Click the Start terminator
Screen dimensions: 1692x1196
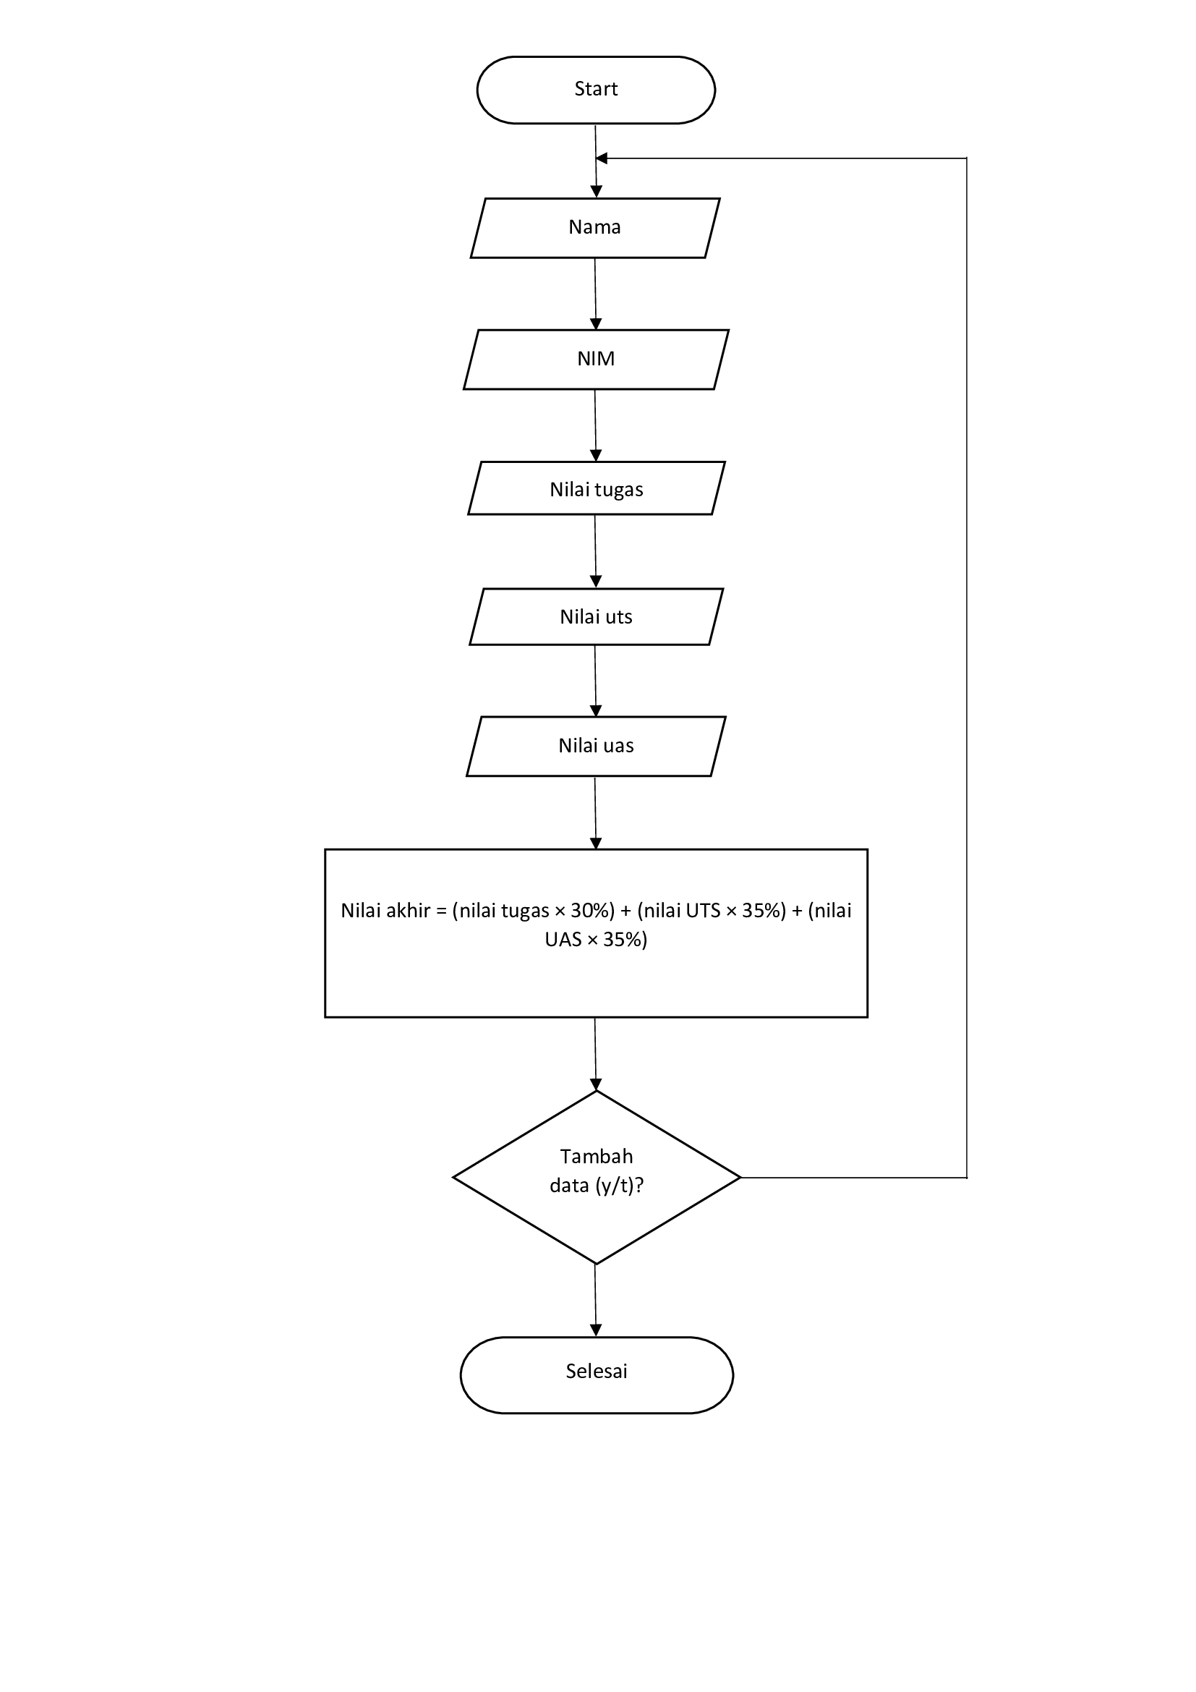pyautogui.click(x=596, y=90)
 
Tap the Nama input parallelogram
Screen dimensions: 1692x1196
pyautogui.click(x=595, y=228)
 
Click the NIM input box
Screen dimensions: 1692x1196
pyautogui.click(x=596, y=359)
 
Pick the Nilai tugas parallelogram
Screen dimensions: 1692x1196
pyautogui.click(x=597, y=488)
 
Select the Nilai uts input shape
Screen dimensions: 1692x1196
pyautogui.click(x=597, y=617)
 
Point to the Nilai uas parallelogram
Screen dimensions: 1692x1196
pyautogui.click(x=597, y=746)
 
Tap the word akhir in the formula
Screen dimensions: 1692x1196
pyautogui.click(x=408, y=911)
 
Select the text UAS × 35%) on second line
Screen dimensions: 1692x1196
pyautogui.click(x=596, y=940)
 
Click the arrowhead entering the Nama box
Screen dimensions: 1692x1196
pyautogui.click(x=597, y=192)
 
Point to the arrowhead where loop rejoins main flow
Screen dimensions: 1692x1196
pyautogui.click(x=602, y=158)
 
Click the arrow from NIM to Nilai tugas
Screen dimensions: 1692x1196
pyautogui.click(x=596, y=425)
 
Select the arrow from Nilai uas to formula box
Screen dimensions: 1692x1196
pyautogui.click(x=596, y=812)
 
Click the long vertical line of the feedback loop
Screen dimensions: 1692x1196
pyautogui.click(x=966, y=663)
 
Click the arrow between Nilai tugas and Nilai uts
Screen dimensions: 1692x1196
pyautogui.click(x=596, y=551)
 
